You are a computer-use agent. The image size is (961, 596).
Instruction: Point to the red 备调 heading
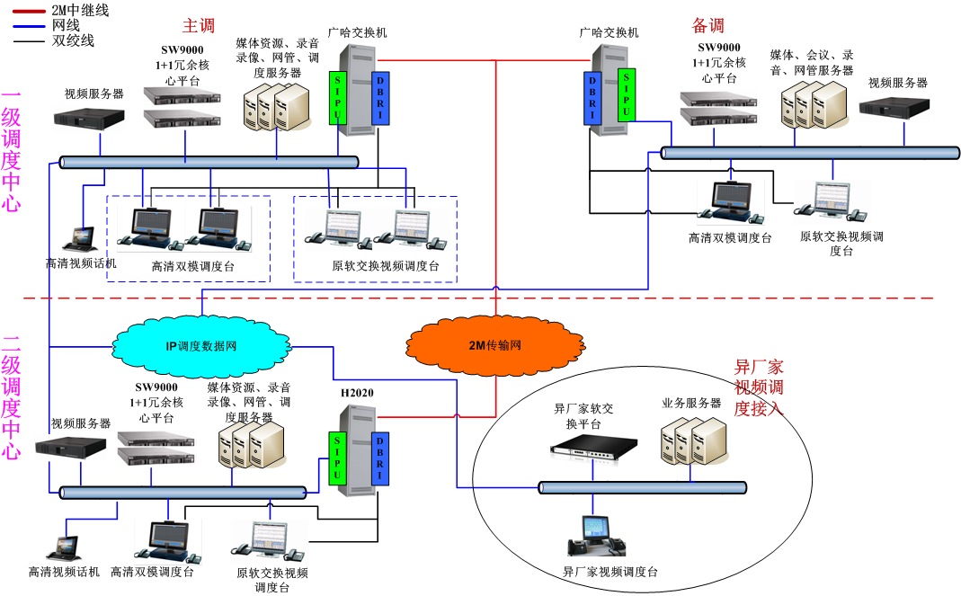point(707,26)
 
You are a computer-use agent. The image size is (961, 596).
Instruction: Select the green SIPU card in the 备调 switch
point(627,93)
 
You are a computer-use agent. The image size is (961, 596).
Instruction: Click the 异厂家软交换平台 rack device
point(593,445)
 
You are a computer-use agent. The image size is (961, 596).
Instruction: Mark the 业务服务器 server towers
point(692,441)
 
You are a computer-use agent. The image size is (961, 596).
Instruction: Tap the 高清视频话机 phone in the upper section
point(84,238)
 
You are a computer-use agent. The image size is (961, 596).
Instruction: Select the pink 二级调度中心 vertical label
point(11,396)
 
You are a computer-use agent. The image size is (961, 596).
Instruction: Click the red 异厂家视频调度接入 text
point(759,387)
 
